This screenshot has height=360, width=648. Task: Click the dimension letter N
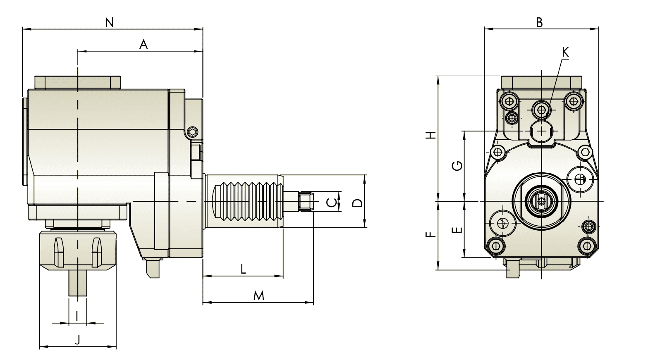109,22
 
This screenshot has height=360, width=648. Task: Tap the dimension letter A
143,45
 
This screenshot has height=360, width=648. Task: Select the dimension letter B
539,22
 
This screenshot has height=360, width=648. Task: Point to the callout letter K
565,52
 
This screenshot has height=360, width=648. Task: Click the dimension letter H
432,135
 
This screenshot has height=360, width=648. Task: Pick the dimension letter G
457,166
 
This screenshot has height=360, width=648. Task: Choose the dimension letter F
431,234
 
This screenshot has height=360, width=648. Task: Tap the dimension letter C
332,203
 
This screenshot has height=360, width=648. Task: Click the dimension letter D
358,203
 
